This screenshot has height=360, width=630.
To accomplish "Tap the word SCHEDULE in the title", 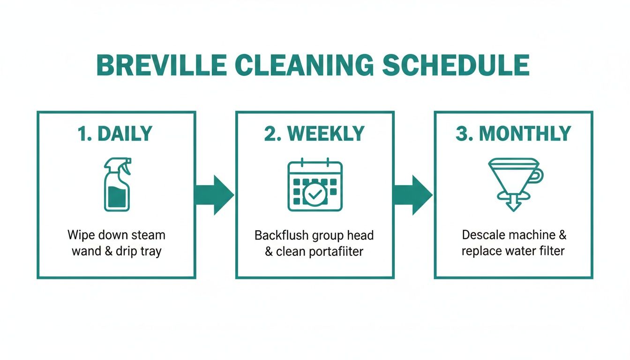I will click(456, 65).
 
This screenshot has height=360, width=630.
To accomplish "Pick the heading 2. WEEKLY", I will click(315, 134).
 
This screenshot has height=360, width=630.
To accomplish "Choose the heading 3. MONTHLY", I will click(513, 134).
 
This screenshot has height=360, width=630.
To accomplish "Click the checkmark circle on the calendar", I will click(313, 194).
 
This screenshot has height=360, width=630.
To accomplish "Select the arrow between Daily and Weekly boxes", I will click(215, 195).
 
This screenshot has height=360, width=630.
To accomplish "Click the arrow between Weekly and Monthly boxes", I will click(413, 195).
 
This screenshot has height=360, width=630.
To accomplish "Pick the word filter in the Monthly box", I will click(553, 251).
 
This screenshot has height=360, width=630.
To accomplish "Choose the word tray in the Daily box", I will click(150, 251).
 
